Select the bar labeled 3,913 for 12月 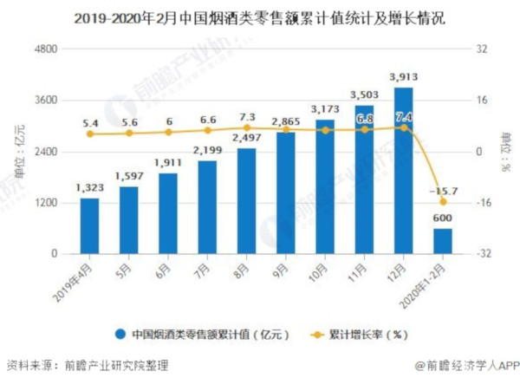[403, 171]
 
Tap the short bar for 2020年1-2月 [442, 241]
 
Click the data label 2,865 [285, 121]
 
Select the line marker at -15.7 [442, 202]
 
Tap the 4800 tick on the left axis [45, 49]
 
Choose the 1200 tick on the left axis [45, 203]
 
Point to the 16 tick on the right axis [481, 101]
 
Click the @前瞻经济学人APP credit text [466, 368]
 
